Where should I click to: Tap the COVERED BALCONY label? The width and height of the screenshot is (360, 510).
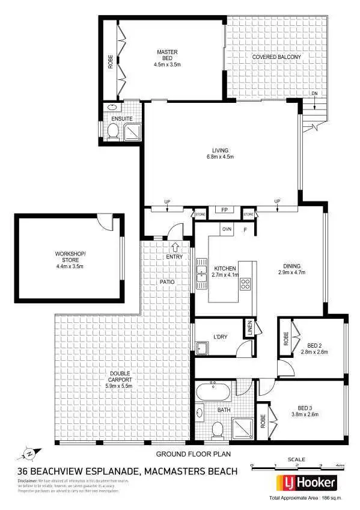point(276,57)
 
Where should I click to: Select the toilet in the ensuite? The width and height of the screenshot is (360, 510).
point(112,132)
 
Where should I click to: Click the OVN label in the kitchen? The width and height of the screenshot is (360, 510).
point(227,229)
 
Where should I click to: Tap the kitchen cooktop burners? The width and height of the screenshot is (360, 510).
point(245,284)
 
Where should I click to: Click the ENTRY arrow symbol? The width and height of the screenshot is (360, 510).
point(175,246)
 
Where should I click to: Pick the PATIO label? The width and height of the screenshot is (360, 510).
point(167,281)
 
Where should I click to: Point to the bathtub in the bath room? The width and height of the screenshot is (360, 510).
point(213,393)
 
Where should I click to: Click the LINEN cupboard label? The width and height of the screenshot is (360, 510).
point(249,330)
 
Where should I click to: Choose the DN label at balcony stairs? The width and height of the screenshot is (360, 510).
point(314,94)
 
